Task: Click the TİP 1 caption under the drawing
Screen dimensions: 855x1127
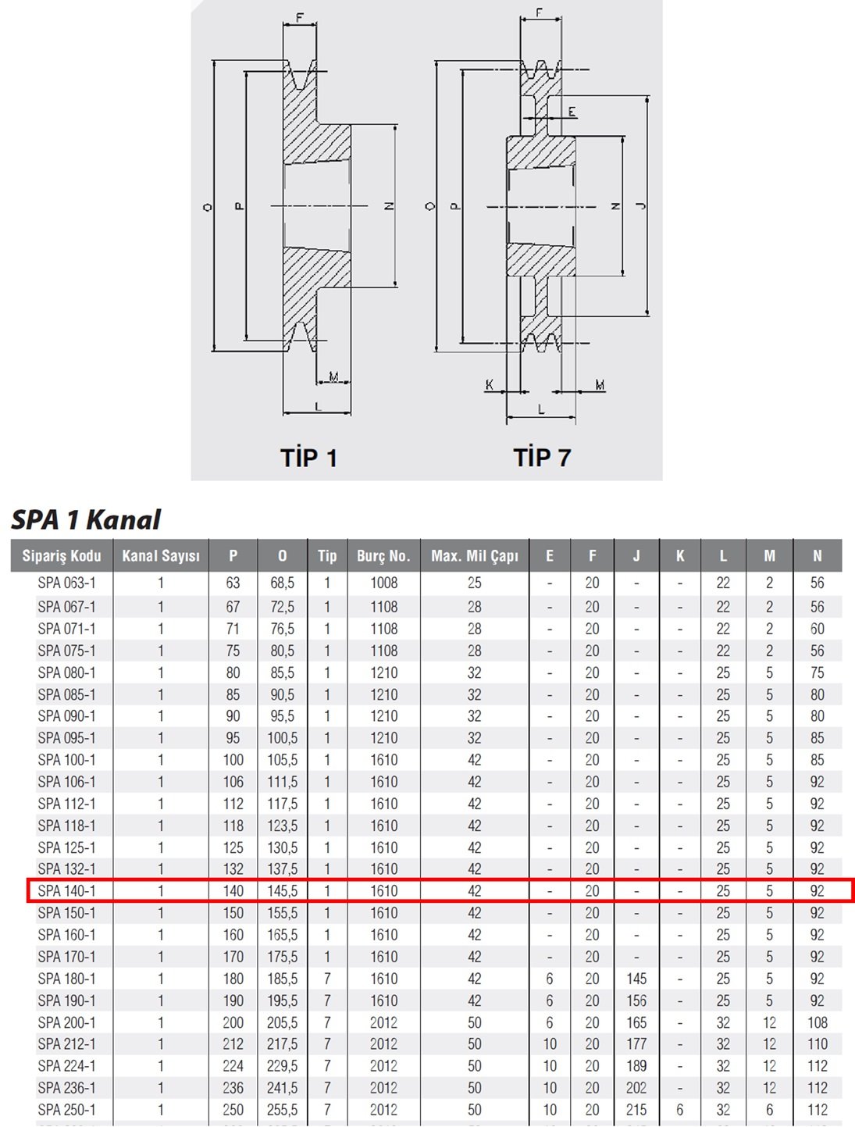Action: click(x=309, y=457)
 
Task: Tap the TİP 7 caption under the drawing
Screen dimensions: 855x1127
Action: click(x=542, y=457)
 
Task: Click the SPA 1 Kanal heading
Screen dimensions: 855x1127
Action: click(x=86, y=519)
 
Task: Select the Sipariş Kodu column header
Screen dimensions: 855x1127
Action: click(x=62, y=555)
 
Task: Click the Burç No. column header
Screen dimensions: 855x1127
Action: click(x=384, y=555)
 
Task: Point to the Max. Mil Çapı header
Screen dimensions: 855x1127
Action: click(x=475, y=555)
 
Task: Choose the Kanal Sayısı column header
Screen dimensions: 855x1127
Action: click(x=161, y=555)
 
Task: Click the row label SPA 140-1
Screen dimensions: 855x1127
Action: click(x=66, y=891)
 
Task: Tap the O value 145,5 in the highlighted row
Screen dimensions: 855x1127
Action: click(x=282, y=891)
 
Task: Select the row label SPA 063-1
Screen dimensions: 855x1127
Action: click(x=66, y=583)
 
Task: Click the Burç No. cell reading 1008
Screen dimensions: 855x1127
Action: click(x=384, y=583)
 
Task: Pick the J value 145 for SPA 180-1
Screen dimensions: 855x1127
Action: click(x=636, y=979)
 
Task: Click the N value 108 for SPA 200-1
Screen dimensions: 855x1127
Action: click(x=818, y=1022)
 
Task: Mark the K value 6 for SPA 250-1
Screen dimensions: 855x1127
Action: click(x=680, y=1110)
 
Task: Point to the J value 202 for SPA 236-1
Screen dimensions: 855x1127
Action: click(x=636, y=1088)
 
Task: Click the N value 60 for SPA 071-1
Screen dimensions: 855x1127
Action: click(x=818, y=629)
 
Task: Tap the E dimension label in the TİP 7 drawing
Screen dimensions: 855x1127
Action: click(x=572, y=112)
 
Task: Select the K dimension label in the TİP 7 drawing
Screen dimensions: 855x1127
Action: click(x=489, y=384)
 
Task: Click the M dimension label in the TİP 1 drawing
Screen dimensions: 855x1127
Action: click(x=333, y=377)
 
